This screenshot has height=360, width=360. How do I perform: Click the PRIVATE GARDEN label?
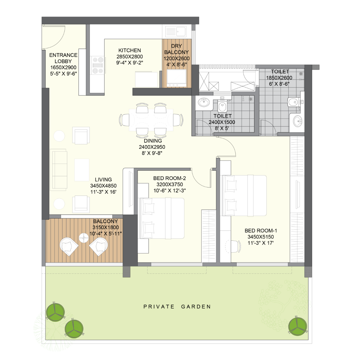[x=177, y=307]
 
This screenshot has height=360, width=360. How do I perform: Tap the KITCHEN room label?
[x=130, y=50]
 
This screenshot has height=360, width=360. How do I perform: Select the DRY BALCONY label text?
[x=177, y=49]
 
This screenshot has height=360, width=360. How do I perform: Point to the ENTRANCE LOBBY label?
[x=63, y=58]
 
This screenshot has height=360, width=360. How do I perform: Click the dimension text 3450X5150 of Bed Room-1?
[x=261, y=237]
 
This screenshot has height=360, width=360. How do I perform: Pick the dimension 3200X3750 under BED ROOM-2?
[x=170, y=184]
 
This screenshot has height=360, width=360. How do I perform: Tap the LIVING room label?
[x=103, y=180]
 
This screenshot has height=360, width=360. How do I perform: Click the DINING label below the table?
[x=153, y=141]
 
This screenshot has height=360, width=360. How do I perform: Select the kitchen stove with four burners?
[x=97, y=65]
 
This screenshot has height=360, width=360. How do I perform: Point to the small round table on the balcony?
[x=83, y=238]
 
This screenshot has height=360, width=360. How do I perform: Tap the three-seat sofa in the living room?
[x=59, y=170]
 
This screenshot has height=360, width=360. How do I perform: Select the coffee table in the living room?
[x=82, y=170]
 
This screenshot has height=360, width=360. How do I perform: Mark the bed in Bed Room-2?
[x=162, y=218]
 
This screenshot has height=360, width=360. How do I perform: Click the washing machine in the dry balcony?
[x=177, y=78]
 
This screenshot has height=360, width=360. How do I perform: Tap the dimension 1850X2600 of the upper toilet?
[x=279, y=78]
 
